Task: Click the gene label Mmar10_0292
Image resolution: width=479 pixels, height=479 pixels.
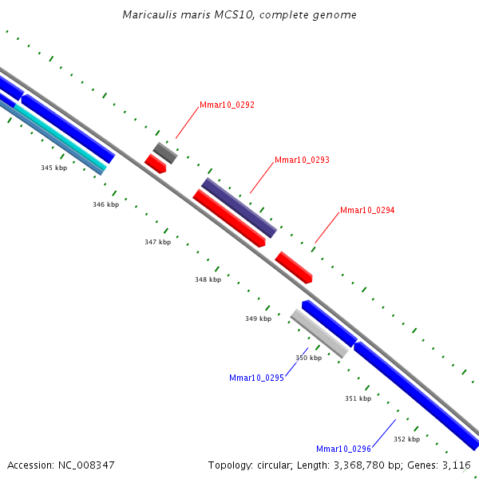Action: click(227, 105)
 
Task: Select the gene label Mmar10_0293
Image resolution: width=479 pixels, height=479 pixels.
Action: click(302, 160)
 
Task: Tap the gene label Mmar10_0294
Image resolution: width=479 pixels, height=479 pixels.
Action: click(367, 210)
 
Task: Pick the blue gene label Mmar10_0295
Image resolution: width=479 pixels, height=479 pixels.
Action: click(256, 378)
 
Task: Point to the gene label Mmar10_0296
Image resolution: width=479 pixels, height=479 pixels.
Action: click(343, 449)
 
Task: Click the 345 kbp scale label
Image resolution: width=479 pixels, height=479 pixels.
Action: click(54, 168)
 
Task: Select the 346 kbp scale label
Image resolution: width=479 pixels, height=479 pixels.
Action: click(106, 204)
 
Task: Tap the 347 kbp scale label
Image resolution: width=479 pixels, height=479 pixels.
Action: click(158, 242)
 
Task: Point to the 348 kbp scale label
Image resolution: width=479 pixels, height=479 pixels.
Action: click(208, 279)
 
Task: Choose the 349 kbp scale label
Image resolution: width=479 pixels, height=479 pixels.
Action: click(259, 319)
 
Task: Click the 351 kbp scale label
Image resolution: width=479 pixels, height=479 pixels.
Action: click(358, 398)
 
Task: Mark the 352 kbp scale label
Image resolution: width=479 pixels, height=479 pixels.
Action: click(407, 439)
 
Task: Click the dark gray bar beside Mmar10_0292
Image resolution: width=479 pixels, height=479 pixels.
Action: click(165, 153)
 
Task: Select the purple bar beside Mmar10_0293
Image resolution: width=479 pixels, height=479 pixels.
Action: click(239, 208)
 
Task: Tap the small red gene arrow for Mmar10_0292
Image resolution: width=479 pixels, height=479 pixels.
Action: click(155, 164)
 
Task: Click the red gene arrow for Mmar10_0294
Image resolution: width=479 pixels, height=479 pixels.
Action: click(294, 267)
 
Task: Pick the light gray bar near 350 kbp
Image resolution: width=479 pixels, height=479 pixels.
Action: click(319, 333)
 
